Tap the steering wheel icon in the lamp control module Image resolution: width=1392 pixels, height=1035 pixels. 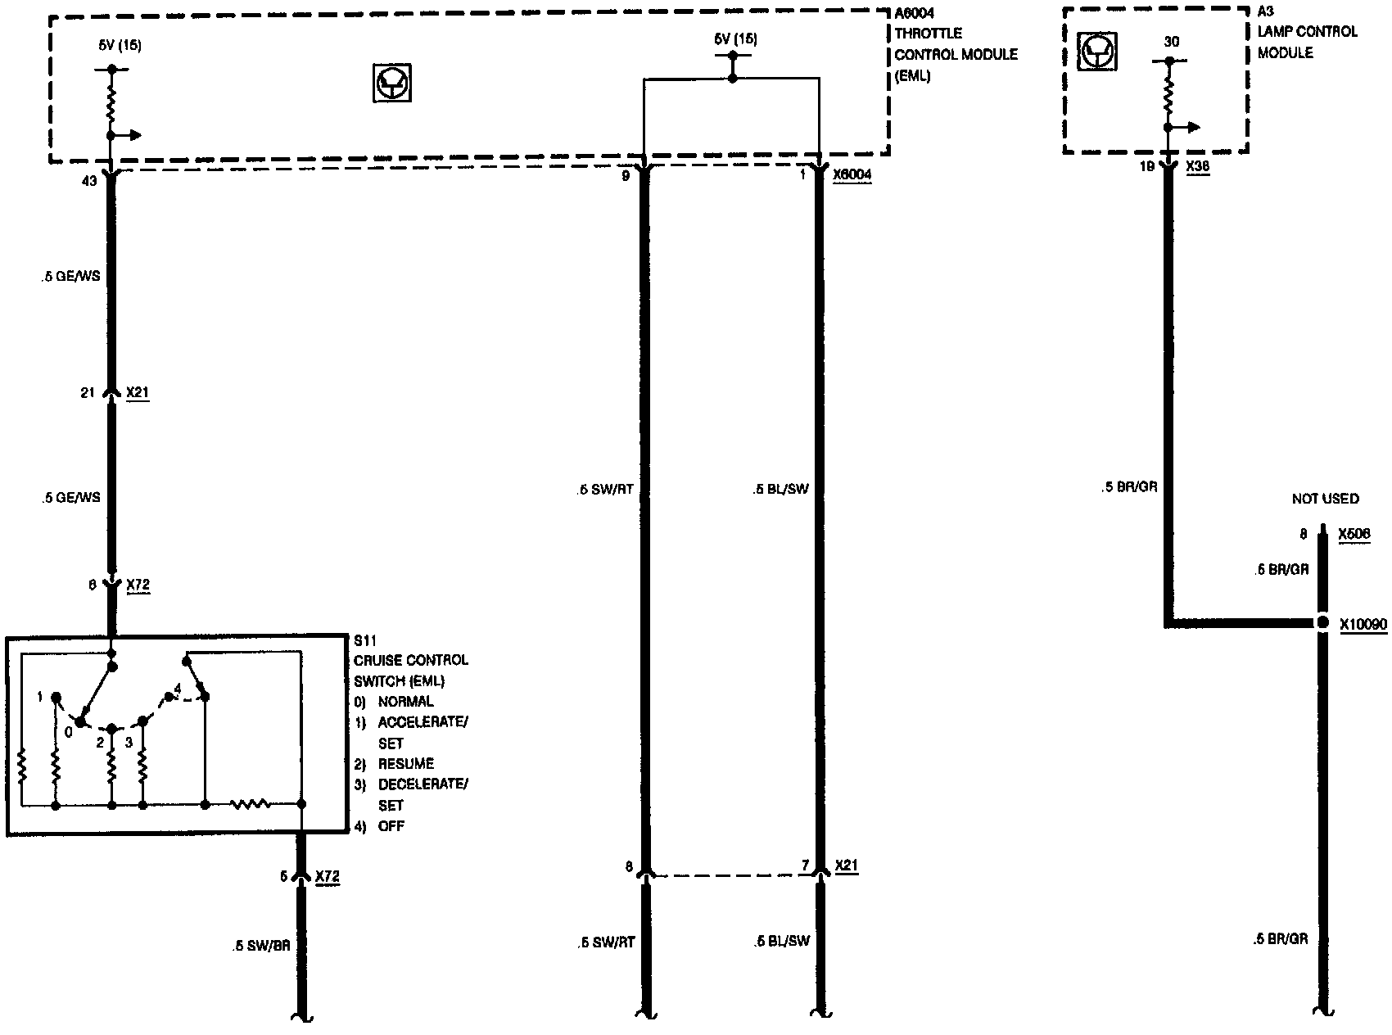1096,52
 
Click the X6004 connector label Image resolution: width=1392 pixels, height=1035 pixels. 852,176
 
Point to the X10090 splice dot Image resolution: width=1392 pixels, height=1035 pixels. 1322,623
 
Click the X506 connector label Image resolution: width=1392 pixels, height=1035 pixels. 1354,535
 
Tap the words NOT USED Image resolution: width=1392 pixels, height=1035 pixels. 1325,499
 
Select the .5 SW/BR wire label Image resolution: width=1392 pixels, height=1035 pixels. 260,945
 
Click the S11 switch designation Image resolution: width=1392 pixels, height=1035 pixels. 364,639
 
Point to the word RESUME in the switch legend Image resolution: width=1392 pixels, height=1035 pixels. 405,764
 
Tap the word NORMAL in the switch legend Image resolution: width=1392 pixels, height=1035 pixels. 405,702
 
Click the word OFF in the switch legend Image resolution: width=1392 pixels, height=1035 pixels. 391,826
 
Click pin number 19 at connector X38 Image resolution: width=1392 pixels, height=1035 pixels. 1146,165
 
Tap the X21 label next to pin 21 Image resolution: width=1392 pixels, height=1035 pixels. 138,393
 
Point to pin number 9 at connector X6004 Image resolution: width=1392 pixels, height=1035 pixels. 626,176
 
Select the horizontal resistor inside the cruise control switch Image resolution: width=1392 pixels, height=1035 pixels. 251,805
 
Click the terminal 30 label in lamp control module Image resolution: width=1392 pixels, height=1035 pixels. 1172,41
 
